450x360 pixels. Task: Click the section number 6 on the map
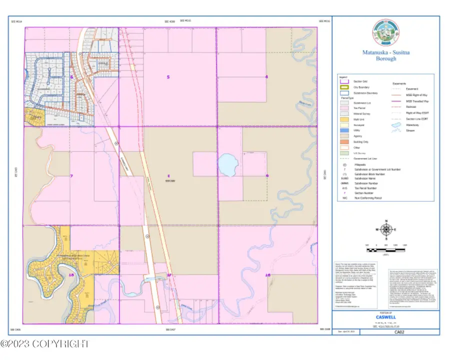click(x=72, y=77)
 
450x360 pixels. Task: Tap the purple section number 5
click(x=168, y=77)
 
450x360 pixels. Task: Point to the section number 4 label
click(x=266, y=77)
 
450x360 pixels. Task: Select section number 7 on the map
click(x=71, y=176)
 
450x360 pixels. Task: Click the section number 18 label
click(x=71, y=275)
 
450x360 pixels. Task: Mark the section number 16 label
click(x=267, y=275)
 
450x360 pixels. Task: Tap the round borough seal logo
click(x=385, y=33)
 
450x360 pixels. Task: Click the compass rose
click(x=386, y=229)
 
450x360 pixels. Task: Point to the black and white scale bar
click(x=386, y=248)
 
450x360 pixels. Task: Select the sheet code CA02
click(x=399, y=331)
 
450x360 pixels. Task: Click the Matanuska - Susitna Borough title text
click(x=385, y=55)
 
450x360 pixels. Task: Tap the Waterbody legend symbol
click(x=397, y=124)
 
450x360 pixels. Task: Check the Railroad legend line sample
click(x=397, y=106)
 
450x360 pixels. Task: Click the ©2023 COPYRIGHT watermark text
click(x=45, y=344)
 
